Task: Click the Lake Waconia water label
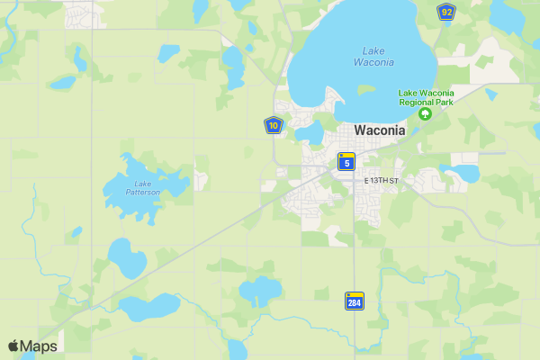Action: click(378, 56)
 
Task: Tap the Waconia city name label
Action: click(380, 130)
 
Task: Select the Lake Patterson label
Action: click(142, 188)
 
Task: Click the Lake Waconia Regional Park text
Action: click(427, 97)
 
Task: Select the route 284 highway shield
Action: click(355, 301)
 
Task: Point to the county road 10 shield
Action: click(274, 126)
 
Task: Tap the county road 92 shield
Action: click(446, 12)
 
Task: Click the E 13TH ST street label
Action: click(381, 181)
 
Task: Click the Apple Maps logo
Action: click(32, 346)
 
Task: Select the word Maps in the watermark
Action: click(39, 346)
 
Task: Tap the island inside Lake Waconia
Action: click(366, 89)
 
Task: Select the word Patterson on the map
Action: click(142, 193)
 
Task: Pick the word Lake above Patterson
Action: click(142, 184)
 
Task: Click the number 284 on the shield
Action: click(355, 303)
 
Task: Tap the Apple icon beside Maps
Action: click(13, 346)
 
